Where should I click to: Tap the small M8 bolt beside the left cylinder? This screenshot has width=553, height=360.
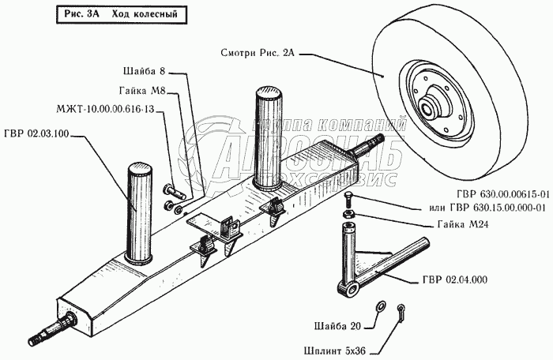(x=173, y=190)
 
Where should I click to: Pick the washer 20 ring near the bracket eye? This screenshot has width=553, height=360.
(x=379, y=305)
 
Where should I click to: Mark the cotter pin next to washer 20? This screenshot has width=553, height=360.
(x=402, y=309)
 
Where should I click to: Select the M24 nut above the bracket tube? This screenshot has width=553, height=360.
(x=348, y=214)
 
